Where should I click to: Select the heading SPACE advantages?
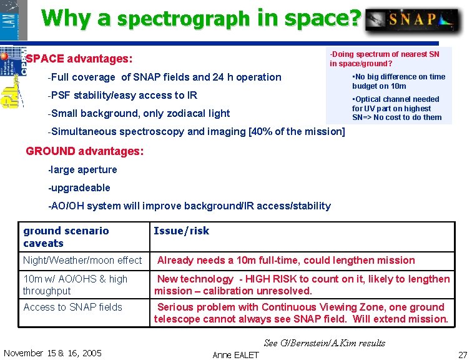(79, 59)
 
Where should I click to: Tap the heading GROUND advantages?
(84, 151)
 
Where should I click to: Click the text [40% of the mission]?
(297, 131)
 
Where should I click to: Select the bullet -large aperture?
(82, 169)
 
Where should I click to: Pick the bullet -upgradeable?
(79, 187)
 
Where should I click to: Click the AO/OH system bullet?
(189, 206)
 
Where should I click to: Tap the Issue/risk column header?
(182, 231)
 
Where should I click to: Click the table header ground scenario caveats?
(66, 237)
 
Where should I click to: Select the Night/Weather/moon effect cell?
(82, 260)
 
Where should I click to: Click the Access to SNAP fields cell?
(72, 307)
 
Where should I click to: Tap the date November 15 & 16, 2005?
(52, 353)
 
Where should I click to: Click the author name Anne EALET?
(235, 354)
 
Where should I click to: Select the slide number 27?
(462, 354)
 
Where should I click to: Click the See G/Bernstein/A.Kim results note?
(325, 342)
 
